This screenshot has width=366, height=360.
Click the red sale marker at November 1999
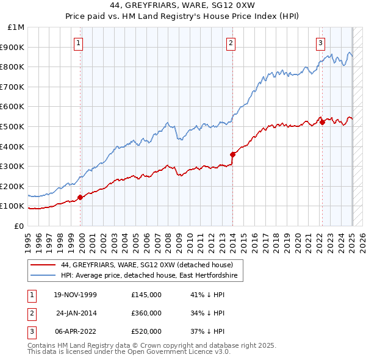pos(81,197)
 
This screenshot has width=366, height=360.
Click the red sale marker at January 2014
pos(232,154)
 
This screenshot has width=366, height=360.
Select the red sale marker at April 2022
pos(321,123)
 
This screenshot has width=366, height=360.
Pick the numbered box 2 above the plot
pos(231,43)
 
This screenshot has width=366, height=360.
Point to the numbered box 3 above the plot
pos(320,43)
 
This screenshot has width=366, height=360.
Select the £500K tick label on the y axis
pos(13,126)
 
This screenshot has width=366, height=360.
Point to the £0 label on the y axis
pos(18,226)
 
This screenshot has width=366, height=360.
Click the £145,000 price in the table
pos(146,295)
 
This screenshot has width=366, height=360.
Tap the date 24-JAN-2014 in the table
pos(76,313)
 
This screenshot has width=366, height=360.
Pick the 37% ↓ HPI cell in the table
pos(208,331)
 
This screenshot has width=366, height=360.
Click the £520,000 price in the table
pos(146,331)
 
